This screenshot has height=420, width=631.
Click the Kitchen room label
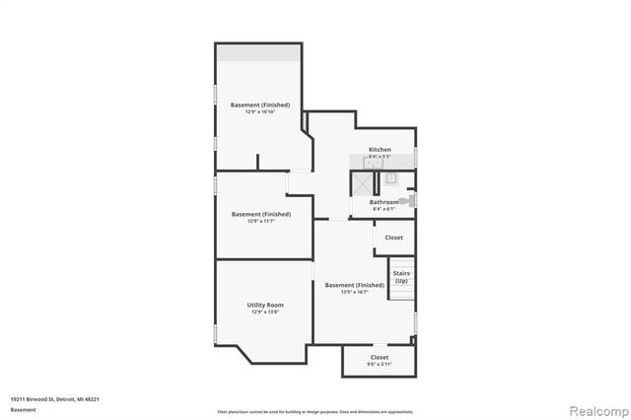tap(380, 150)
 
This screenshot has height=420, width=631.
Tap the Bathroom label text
tap(384, 203)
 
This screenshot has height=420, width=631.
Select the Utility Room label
tap(265, 306)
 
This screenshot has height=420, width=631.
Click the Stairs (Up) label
tap(401, 278)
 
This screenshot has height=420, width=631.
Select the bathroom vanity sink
tap(390, 178)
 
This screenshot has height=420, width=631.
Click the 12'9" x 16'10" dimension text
tap(260, 111)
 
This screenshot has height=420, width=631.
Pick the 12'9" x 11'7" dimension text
tap(261, 221)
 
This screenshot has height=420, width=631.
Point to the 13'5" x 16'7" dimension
tap(354, 292)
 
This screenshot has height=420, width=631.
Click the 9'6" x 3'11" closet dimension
tap(379, 364)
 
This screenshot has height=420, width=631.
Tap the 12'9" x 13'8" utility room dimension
tap(265, 313)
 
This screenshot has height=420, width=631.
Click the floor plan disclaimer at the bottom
tap(315, 411)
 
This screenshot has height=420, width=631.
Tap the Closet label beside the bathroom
tap(393, 238)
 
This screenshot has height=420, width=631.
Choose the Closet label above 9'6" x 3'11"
tap(379, 357)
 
